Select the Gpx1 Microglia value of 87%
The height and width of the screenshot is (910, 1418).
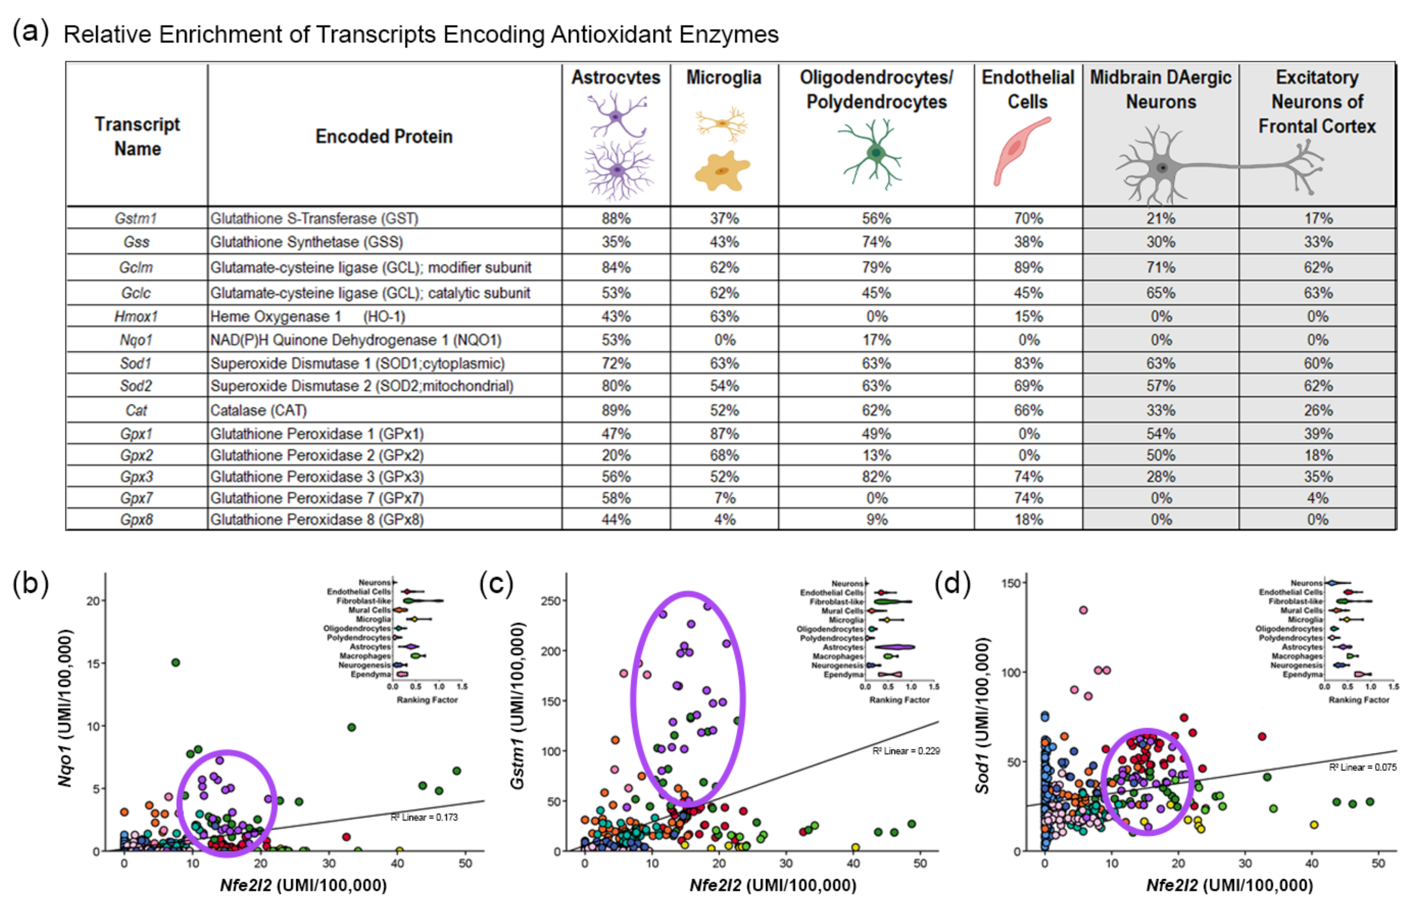pyautogui.click(x=724, y=434)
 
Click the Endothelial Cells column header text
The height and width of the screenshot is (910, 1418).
pyautogui.click(x=1028, y=89)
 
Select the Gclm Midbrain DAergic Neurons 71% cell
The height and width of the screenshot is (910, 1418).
pyautogui.click(x=1161, y=268)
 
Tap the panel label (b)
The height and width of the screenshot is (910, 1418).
pyautogui.click(x=31, y=584)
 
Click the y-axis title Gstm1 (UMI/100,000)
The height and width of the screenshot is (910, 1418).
pyautogui.click(x=517, y=705)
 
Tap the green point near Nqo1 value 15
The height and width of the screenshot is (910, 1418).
pyautogui.click(x=175, y=662)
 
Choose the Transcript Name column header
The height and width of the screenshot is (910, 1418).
pyautogui.click(x=137, y=137)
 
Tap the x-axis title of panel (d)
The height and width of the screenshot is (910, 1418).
pyautogui.click(x=1229, y=885)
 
